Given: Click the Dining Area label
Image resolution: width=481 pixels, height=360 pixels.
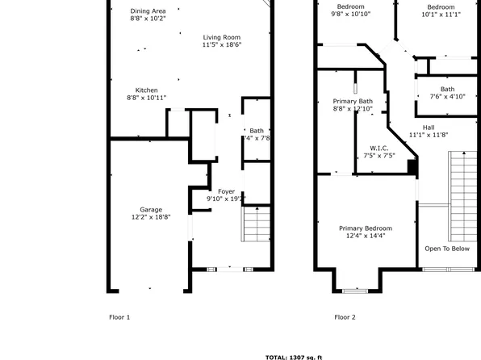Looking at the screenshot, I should click(148, 10).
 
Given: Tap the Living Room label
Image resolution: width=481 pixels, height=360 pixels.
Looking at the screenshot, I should click(221, 37).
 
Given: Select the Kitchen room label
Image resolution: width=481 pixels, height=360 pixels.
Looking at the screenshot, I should click(146, 90).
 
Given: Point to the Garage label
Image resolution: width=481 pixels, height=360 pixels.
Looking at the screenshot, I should click(150, 209).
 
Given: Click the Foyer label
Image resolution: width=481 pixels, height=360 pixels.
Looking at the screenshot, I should click(226, 190).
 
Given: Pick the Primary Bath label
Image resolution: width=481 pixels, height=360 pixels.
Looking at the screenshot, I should click(353, 101).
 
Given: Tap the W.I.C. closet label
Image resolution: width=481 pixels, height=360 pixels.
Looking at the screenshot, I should click(379, 148).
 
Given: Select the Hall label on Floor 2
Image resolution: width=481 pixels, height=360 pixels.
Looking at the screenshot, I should click(428, 128).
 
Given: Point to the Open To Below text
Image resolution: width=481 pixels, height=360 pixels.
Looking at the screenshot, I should click(447, 249).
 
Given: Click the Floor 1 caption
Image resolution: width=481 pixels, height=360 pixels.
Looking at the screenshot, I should click(119, 317).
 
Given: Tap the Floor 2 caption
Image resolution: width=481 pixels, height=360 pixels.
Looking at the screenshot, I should click(345, 317).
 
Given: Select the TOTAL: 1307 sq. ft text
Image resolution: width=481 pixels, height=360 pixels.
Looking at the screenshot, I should click(294, 356).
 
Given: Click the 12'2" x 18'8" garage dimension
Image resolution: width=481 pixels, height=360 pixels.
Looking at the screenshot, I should click(150, 217).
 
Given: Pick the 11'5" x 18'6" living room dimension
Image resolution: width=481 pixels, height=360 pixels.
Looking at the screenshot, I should click(221, 44).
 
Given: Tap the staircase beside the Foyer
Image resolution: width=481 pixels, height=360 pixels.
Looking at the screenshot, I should click(256, 224).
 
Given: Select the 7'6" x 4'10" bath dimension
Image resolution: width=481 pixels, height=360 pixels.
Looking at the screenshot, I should click(447, 97).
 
